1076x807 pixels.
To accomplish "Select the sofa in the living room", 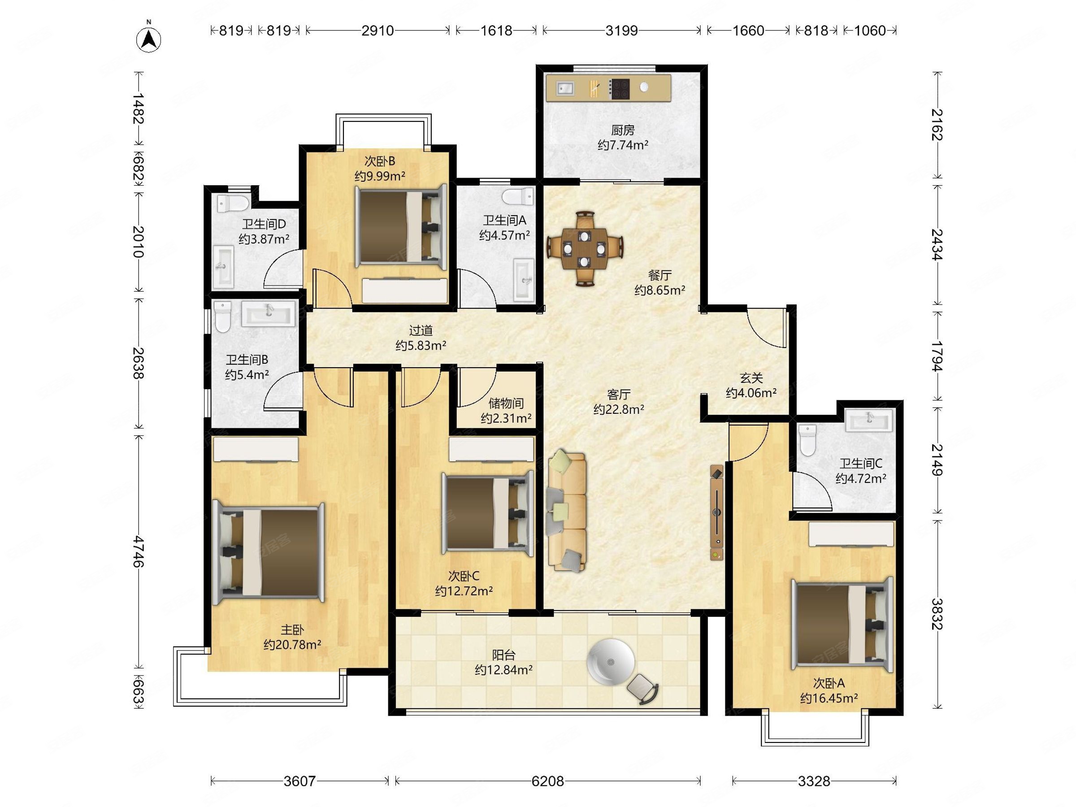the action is click(x=567, y=511).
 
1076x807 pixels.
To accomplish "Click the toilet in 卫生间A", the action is click(x=519, y=196).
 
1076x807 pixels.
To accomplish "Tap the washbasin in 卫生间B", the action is click(x=269, y=313).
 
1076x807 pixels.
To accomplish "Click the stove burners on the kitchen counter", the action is click(x=619, y=90).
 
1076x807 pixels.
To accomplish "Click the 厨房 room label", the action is click(x=623, y=130).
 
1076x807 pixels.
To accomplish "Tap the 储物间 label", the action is click(x=506, y=403).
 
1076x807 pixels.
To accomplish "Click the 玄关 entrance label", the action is click(x=751, y=378).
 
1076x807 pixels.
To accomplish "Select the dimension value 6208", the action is click(x=548, y=781).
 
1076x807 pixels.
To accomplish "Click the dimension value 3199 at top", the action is click(x=621, y=30).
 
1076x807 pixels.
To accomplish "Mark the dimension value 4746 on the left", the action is click(x=139, y=551).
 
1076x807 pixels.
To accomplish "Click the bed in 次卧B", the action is click(x=401, y=226).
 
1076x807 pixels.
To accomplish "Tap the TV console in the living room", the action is click(x=716, y=512).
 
